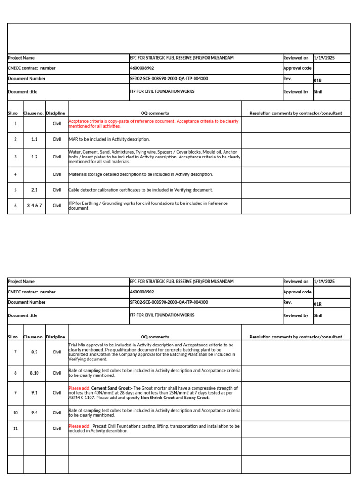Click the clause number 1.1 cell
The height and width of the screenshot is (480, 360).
[34, 139]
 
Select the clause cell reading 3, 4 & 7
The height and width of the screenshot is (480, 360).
[34, 205]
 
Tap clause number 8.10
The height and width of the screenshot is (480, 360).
[34, 373]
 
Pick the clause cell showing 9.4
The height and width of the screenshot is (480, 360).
[34, 413]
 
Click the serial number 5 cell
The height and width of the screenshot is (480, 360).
[15, 190]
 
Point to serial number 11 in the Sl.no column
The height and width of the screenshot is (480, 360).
[15, 428]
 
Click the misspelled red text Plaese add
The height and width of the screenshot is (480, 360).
[78, 388]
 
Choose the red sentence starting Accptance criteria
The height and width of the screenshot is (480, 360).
[153, 123]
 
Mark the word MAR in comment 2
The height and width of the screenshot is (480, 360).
[73, 139]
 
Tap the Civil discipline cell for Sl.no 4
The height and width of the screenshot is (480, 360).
[57, 174]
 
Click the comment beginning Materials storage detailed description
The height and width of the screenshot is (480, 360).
[141, 174]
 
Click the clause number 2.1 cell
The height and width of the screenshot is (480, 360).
[34, 190]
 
